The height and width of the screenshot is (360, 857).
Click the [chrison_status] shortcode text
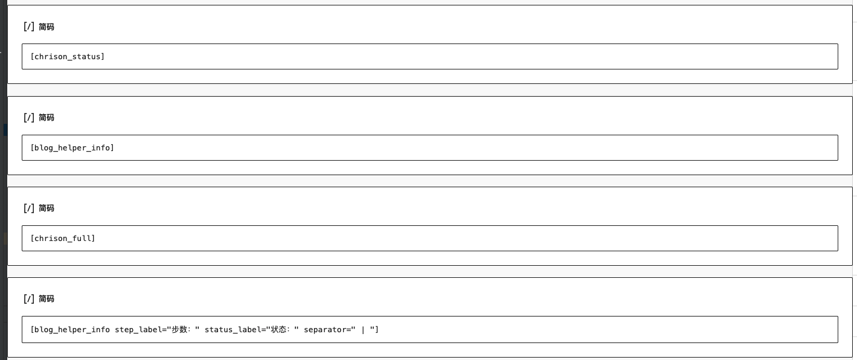pyautogui.click(x=67, y=57)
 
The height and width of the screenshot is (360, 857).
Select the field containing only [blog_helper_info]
pyautogui.click(x=429, y=147)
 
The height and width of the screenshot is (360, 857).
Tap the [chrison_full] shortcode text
pyautogui.click(x=63, y=239)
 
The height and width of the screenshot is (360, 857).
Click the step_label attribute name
pyautogui.click(x=138, y=329)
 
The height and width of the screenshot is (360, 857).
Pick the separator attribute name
pyautogui.click(x=327, y=329)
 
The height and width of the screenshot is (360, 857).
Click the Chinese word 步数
pyautogui.click(x=179, y=329)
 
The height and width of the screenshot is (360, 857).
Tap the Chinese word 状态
pyautogui.click(x=278, y=329)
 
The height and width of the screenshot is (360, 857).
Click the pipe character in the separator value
pyautogui.click(x=363, y=329)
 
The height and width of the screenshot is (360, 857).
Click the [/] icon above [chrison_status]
pyautogui.click(x=29, y=27)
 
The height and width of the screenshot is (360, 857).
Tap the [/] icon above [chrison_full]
pyautogui.click(x=29, y=208)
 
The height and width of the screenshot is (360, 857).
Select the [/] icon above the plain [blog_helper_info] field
pyautogui.click(x=29, y=117)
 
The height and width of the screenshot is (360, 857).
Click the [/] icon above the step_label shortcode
pyautogui.click(x=29, y=299)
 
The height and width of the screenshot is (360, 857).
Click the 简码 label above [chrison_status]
pyautogui.click(x=47, y=27)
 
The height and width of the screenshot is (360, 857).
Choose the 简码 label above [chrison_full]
pyautogui.click(x=47, y=208)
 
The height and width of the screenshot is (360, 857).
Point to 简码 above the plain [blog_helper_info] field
pyautogui.click(x=47, y=117)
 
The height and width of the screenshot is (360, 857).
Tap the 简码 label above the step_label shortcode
pyautogui.click(x=47, y=299)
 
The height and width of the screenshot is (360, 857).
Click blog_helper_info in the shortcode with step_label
pyautogui.click(x=72, y=329)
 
